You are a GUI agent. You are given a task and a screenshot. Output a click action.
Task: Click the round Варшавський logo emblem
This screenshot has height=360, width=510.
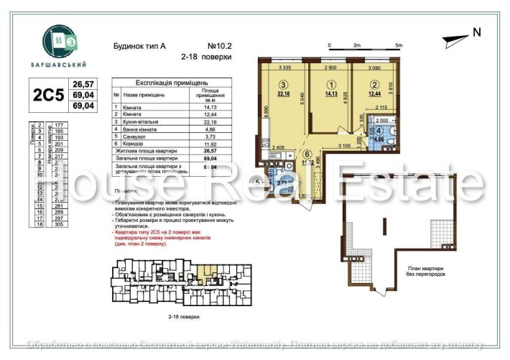(x=56, y=41)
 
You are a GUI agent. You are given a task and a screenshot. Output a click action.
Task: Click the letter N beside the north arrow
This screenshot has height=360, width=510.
(x=476, y=32)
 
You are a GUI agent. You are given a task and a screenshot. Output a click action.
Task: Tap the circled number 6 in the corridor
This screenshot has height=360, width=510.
(x=307, y=154)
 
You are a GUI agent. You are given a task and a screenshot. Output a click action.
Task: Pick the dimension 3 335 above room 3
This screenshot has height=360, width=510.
(x=284, y=68)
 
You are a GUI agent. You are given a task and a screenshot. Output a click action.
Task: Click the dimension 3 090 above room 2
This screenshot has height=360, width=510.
(x=373, y=68)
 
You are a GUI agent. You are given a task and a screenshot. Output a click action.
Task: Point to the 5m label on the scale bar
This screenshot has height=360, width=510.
(x=399, y=45)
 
